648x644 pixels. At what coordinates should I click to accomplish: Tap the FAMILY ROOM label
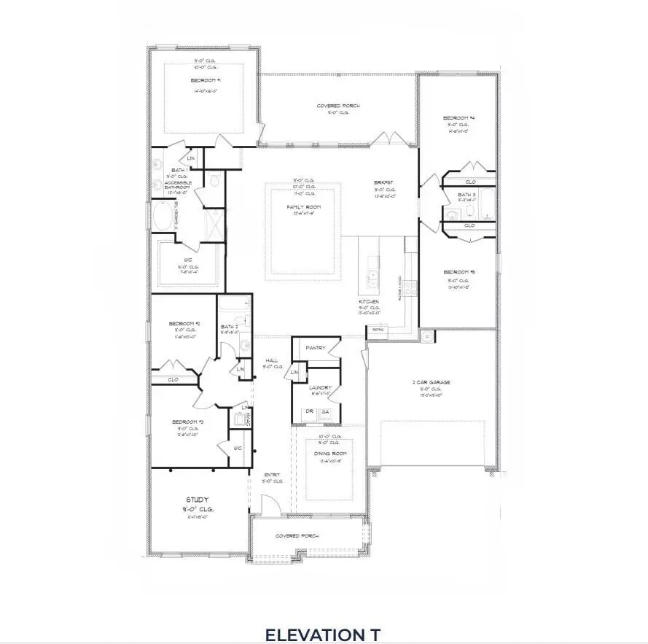tap(304, 206)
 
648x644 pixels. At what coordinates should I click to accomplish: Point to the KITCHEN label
tap(370, 301)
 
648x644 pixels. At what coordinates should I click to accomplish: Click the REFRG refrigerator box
tap(378, 330)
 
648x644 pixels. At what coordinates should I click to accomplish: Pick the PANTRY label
tap(315, 348)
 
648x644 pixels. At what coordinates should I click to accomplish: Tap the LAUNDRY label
tap(320, 387)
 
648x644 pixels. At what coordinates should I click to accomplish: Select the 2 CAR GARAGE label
tap(431, 381)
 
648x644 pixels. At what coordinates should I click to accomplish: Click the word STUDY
tap(197, 500)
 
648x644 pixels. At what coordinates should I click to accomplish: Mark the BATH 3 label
tap(466, 195)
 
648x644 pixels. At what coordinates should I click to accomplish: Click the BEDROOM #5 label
tap(459, 272)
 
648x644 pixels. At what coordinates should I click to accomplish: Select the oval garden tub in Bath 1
tap(163, 217)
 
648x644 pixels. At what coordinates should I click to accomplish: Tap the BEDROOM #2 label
tap(185, 323)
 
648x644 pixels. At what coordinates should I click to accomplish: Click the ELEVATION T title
tap(322, 633)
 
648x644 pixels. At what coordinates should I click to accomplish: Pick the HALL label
tap(271, 360)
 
